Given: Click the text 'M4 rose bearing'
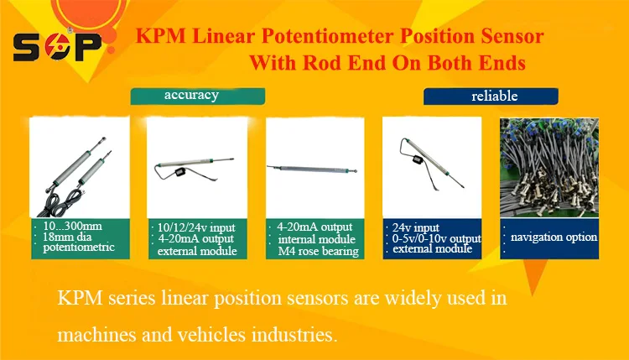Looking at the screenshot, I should [317, 250].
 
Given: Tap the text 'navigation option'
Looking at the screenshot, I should [554, 237].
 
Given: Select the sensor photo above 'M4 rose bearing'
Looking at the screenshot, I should [314, 168].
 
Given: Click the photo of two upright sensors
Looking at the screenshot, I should [79, 168].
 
